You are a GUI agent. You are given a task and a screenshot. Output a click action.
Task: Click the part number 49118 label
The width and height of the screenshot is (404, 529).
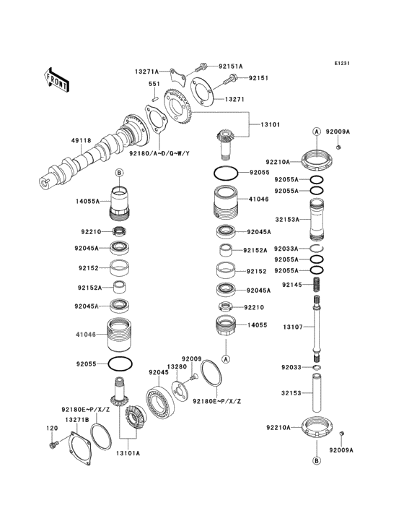[80, 142]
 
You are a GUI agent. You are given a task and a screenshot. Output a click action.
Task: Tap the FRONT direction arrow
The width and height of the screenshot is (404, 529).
[57, 78]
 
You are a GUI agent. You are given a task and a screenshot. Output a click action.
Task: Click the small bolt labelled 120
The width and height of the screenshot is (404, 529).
[53, 448]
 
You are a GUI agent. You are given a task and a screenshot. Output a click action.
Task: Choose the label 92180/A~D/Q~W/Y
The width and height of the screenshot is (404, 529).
[159, 153]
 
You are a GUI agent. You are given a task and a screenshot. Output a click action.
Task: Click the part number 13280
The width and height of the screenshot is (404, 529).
[177, 367]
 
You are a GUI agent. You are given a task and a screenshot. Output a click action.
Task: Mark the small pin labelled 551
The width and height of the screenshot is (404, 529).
[154, 93]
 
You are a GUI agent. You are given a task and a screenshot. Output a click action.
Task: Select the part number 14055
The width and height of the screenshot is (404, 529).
[258, 325]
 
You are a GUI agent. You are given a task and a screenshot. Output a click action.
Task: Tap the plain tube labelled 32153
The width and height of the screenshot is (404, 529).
[315, 393]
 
